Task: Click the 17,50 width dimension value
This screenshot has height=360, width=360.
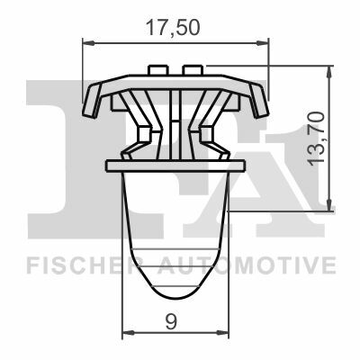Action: coord(173,28)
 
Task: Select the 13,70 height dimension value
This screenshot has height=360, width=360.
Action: coord(317,138)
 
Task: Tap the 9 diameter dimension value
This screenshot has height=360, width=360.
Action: coord(171,321)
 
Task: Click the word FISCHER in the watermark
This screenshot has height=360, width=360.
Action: coord(80,265)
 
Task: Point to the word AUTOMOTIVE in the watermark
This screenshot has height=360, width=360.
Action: coord(246,265)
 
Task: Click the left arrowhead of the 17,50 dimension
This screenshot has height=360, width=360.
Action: coord(88,43)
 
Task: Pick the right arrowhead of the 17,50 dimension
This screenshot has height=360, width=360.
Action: coord(263,43)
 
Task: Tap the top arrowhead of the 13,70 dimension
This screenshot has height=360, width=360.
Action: coord(329,71)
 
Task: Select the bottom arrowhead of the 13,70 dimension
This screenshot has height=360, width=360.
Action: coord(329,204)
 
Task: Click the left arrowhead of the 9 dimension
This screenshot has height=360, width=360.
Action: coord(129,333)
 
